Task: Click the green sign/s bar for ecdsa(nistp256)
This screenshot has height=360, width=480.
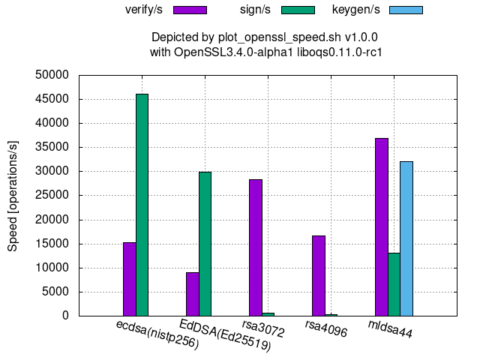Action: (142, 205)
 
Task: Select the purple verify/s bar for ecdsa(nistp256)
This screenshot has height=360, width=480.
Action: (129, 279)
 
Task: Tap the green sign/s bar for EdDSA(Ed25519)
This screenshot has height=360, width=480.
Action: (205, 244)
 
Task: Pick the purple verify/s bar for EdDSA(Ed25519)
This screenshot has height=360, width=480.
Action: (192, 294)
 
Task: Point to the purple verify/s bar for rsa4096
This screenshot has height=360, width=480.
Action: (318, 275)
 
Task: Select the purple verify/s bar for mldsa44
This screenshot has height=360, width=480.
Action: (381, 226)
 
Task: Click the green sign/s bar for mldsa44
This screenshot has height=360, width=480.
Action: (394, 284)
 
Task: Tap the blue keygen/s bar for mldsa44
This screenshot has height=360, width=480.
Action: (406, 238)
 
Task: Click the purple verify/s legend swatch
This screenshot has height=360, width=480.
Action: (190, 10)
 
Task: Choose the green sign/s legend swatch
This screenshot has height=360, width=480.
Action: (299, 10)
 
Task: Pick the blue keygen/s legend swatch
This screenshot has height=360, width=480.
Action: (406, 10)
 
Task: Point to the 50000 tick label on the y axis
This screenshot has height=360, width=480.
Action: (52, 75)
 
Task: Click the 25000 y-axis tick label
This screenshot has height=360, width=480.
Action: (52, 196)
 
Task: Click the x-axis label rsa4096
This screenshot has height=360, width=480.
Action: (326, 328)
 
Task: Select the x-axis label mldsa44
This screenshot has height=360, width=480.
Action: (390, 328)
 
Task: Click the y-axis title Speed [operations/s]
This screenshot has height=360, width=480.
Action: (13, 196)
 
